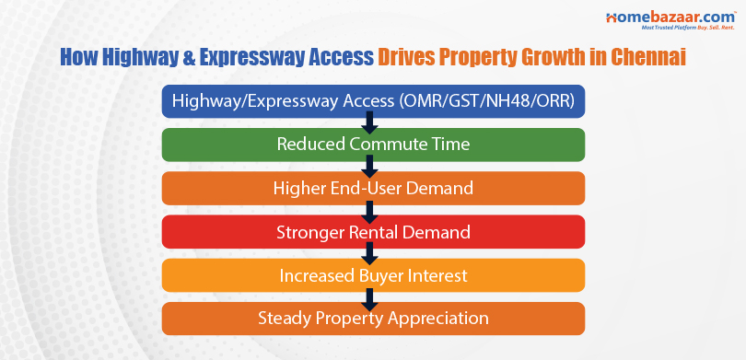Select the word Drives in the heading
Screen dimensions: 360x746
(x=408, y=58)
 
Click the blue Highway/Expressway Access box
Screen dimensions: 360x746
(x=373, y=101)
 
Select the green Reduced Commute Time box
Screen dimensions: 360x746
(x=373, y=145)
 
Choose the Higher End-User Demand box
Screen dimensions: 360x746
(x=373, y=188)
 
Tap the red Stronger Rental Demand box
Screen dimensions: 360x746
(x=373, y=231)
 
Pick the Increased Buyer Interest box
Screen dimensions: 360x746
(x=373, y=274)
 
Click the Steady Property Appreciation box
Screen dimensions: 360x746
(x=373, y=319)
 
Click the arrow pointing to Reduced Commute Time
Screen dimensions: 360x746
(x=369, y=123)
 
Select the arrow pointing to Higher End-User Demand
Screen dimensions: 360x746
(x=369, y=167)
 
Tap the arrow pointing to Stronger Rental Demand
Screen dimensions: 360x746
(x=369, y=210)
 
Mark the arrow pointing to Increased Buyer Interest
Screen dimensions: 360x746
(x=369, y=253)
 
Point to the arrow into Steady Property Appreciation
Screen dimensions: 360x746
(x=369, y=297)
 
